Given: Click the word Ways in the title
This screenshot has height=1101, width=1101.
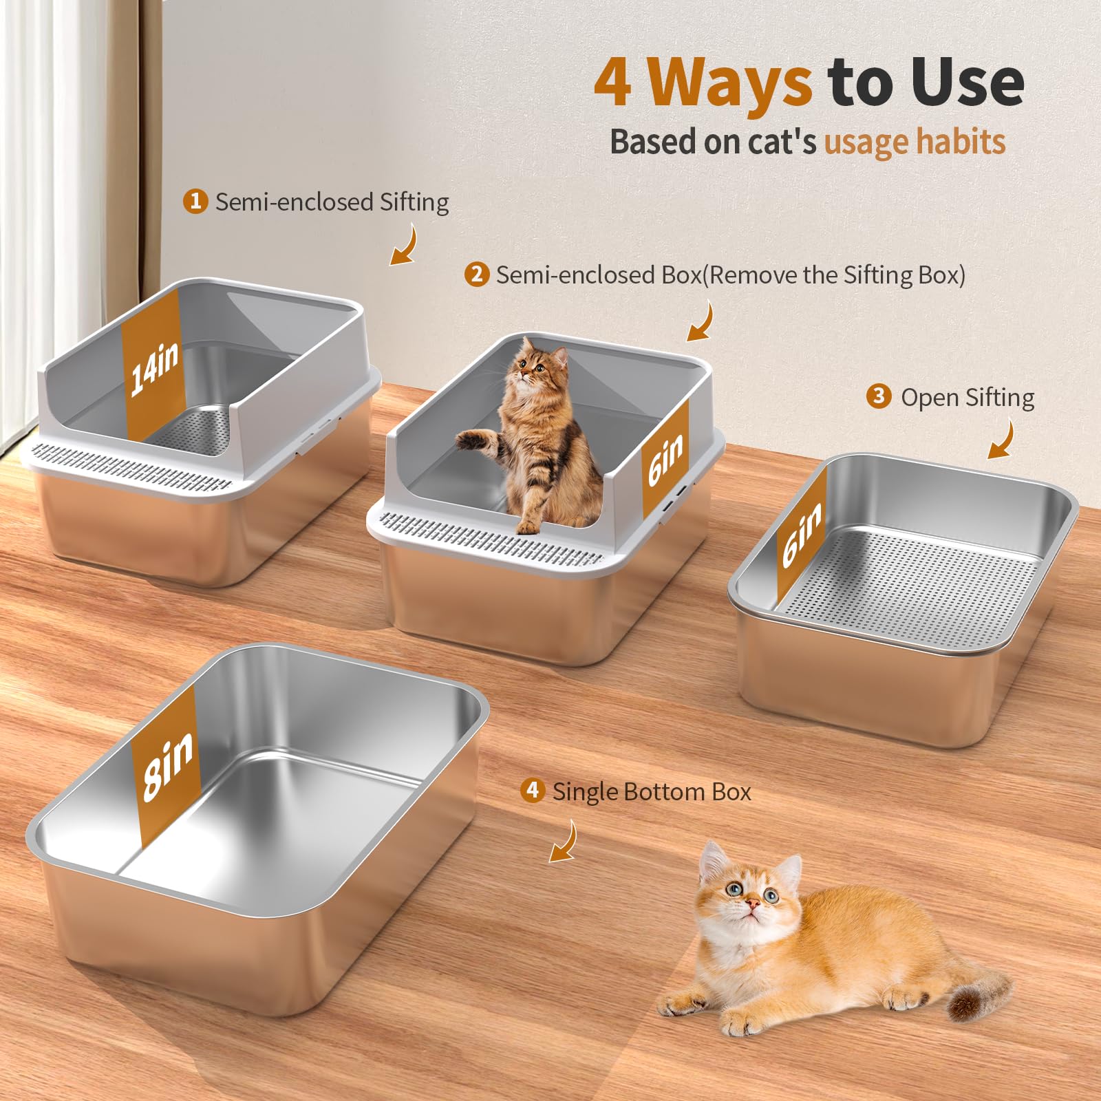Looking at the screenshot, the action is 730,83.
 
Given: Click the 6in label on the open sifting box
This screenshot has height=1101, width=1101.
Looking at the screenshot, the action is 802,533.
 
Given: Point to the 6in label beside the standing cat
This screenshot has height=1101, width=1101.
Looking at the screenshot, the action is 666,460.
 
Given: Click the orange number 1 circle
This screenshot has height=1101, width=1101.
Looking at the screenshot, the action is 195,201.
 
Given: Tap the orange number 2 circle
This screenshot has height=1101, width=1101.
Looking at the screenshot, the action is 476,274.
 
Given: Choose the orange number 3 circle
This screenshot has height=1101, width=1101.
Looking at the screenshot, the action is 879,396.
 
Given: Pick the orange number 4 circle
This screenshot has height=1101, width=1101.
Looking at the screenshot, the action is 532,790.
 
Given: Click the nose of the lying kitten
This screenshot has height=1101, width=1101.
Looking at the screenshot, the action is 753,901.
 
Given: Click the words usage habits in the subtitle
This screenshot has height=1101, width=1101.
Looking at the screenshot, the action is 915,142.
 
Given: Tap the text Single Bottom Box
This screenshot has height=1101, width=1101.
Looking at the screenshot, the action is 652,791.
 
